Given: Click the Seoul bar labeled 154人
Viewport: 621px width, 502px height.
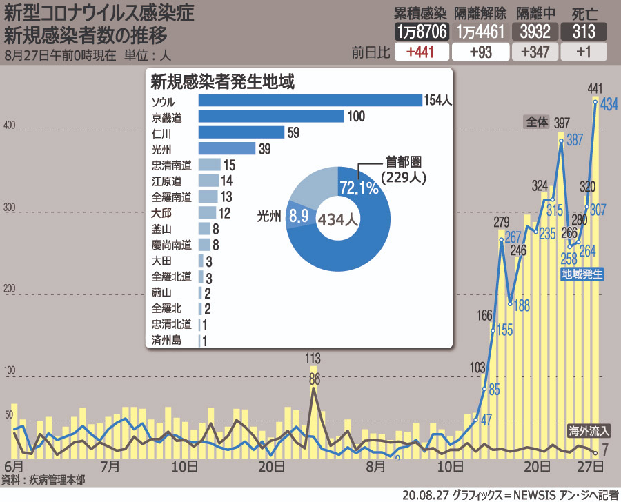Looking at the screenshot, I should pyautogui.click(x=310, y=101).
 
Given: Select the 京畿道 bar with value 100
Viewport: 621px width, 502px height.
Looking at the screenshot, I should pyautogui.click(x=270, y=116).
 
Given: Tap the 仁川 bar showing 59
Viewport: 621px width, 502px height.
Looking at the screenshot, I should pyautogui.click(x=241, y=132).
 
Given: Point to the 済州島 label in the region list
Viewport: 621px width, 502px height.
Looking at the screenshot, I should pyautogui.click(x=166, y=341).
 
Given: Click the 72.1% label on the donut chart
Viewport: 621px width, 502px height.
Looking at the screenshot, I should pyautogui.click(x=359, y=188).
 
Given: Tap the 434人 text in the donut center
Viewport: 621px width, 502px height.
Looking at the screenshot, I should pyautogui.click(x=337, y=220).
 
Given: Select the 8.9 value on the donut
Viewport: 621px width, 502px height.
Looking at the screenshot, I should pyautogui.click(x=299, y=216).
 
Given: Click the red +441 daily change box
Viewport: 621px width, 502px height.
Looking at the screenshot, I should pyautogui.click(x=420, y=52).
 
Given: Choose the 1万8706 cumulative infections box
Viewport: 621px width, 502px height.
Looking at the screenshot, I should pyautogui.click(x=422, y=32).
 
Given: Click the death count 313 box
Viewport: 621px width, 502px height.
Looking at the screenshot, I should pyautogui.click(x=584, y=32).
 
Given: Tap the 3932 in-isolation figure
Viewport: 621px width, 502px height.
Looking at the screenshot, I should pyautogui.click(x=535, y=32).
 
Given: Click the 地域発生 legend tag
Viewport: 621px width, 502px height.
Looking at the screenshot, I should pyautogui.click(x=582, y=274).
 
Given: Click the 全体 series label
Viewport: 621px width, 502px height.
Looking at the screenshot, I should pyautogui.click(x=537, y=121).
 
